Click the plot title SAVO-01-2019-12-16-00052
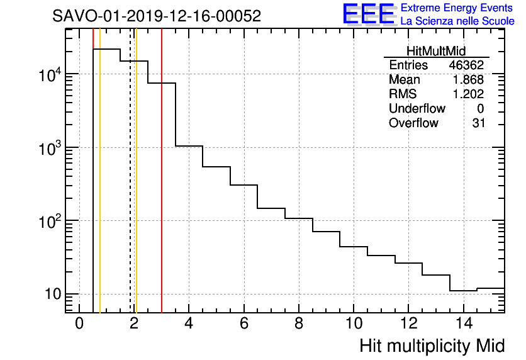coord(157,16)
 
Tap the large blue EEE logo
coord(369,14)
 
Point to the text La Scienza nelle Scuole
coord(457,21)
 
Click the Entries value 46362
coord(466,65)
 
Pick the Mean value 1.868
coord(468,80)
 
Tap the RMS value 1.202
coord(468,94)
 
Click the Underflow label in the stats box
coord(417,109)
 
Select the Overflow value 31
coord(478,123)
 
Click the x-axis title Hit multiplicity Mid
coord(432,346)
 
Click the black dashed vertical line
coord(130,189)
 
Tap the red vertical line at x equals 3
coord(162,189)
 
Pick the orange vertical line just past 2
coord(136,189)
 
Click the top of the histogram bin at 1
coord(106,49)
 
